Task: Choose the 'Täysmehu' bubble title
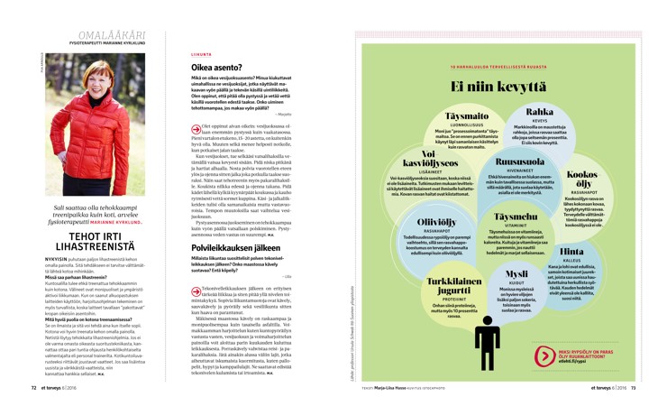[517, 217]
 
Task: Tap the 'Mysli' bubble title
[516, 272]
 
